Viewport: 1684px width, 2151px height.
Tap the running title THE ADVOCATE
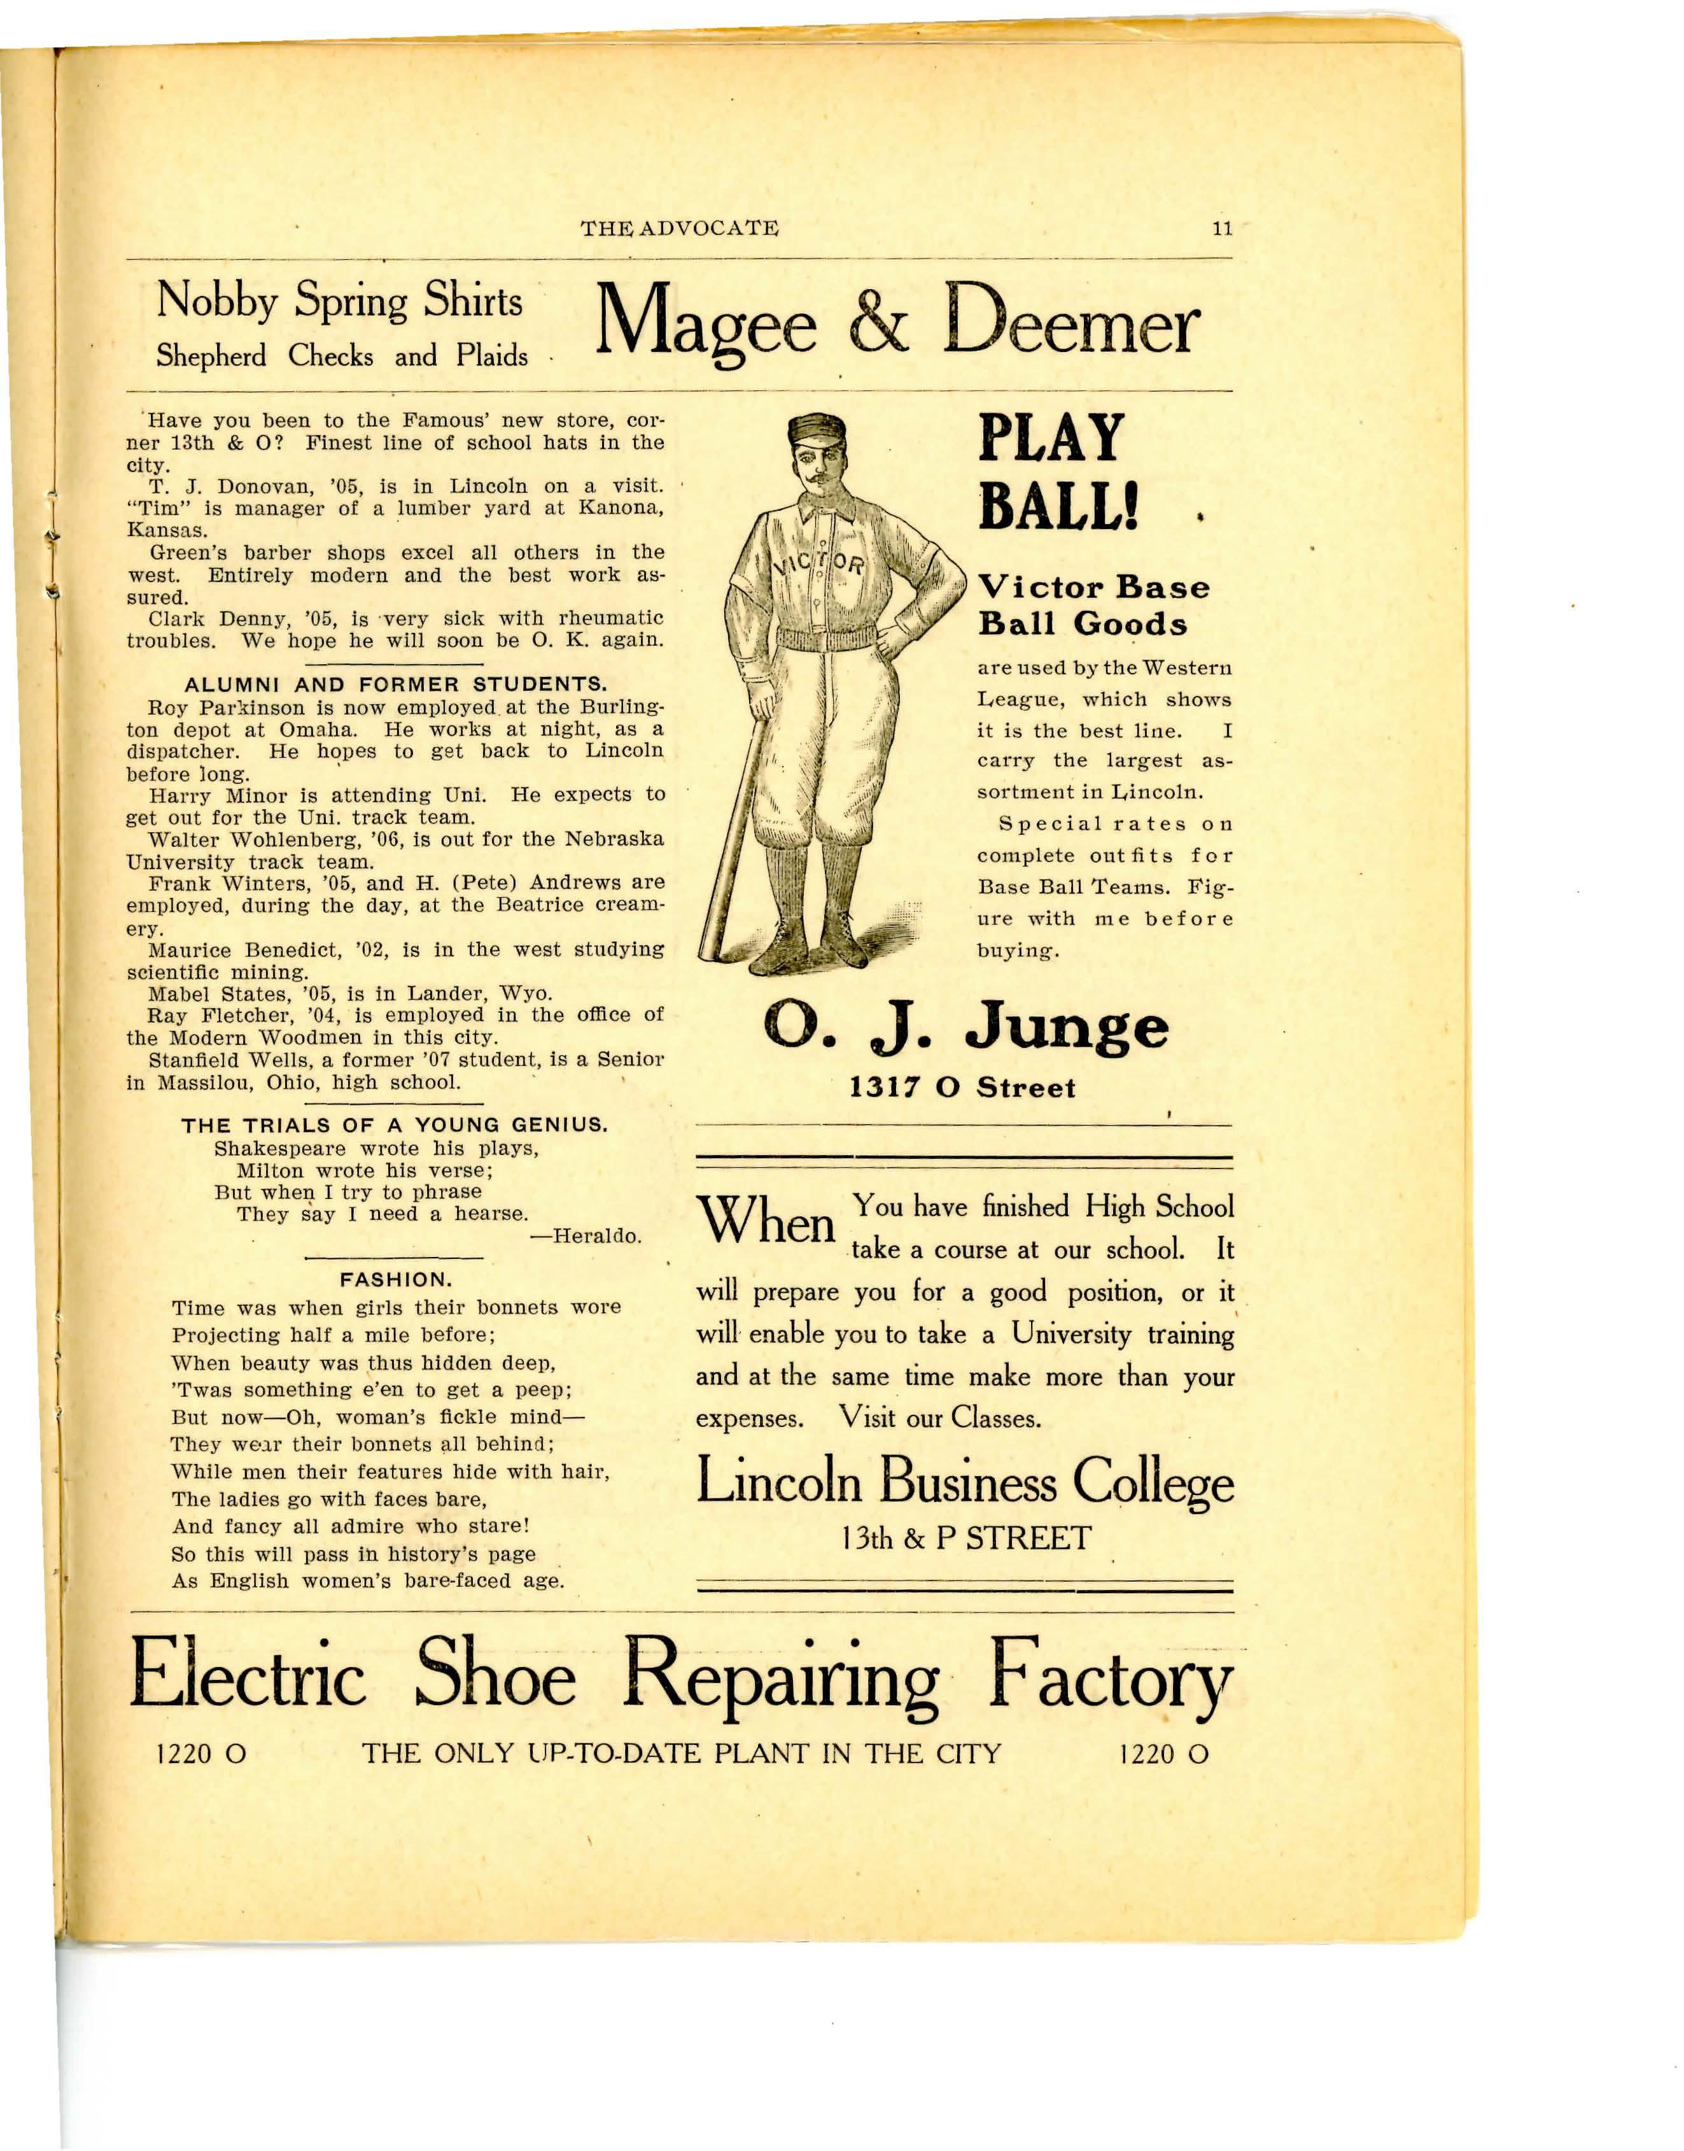679,229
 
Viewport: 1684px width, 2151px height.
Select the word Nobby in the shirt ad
216,300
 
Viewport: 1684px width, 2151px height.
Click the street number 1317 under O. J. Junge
885,1088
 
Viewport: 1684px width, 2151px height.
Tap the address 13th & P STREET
965,1538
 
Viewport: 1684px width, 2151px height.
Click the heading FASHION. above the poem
395,1279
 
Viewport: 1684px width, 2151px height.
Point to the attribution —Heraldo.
586,1236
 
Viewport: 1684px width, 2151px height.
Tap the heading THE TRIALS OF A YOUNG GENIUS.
395,1125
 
